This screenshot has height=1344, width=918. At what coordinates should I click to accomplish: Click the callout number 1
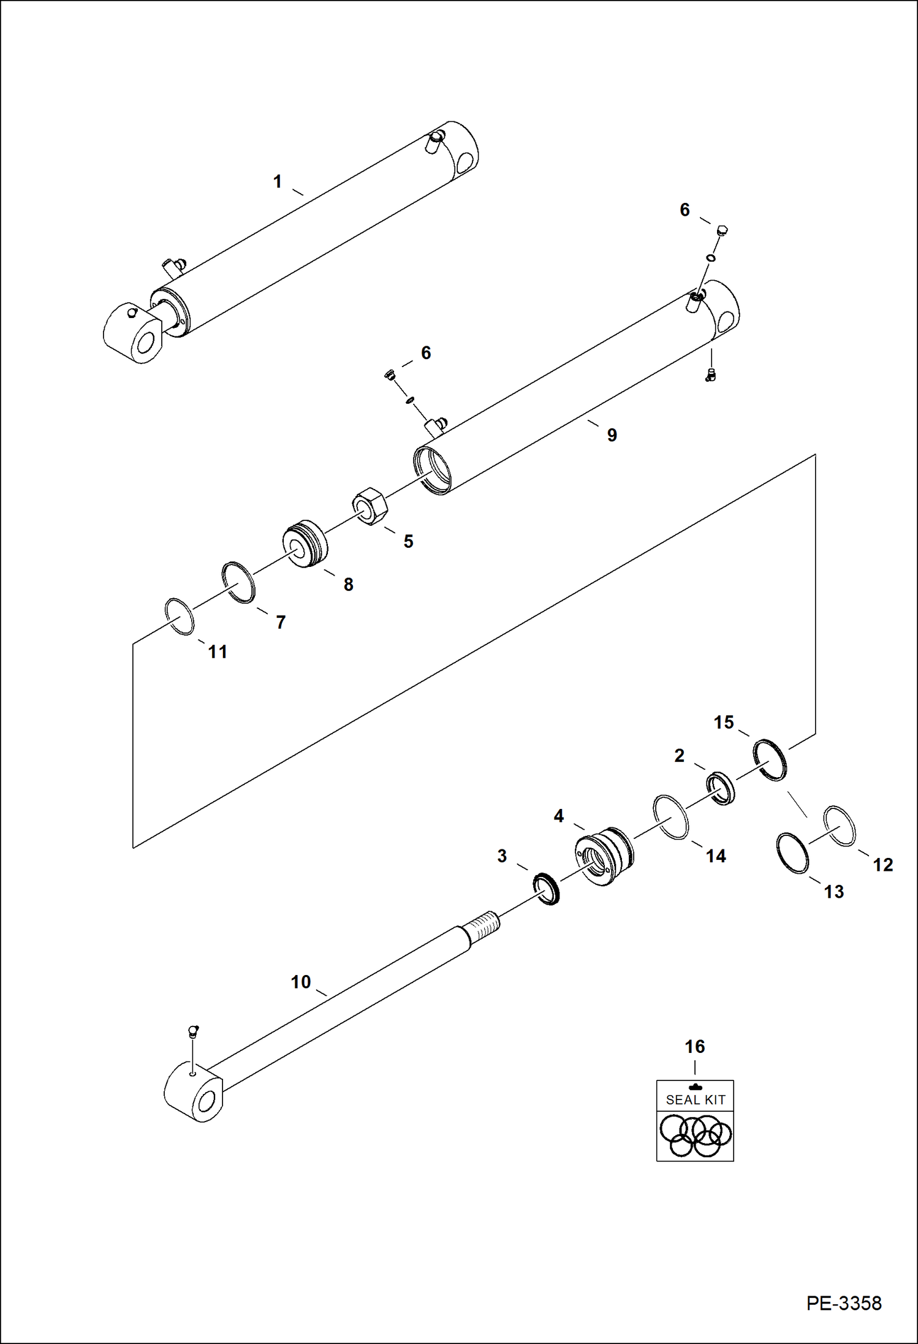click(x=277, y=182)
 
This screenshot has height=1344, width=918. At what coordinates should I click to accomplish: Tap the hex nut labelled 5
click(x=371, y=506)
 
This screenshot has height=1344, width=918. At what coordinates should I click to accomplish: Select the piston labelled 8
click(x=305, y=544)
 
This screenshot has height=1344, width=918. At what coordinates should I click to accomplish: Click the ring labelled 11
click(x=180, y=617)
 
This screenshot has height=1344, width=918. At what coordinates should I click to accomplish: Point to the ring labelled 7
click(x=238, y=582)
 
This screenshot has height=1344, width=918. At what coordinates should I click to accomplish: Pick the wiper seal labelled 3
click(x=547, y=890)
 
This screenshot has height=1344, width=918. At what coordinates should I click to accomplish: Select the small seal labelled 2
click(x=721, y=789)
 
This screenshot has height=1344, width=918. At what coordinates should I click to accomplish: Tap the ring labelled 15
click(x=770, y=760)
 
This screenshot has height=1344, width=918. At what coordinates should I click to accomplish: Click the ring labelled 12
click(x=840, y=826)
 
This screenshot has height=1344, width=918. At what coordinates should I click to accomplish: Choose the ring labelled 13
click(x=792, y=853)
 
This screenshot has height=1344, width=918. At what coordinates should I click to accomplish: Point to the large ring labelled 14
click(x=671, y=818)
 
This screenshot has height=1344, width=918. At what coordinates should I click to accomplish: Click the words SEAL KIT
click(x=696, y=1100)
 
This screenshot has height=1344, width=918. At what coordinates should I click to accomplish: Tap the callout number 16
click(x=694, y=1047)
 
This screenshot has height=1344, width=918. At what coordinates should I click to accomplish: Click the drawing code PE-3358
click(x=844, y=1303)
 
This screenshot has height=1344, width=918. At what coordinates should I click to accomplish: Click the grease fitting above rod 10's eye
click(x=193, y=1031)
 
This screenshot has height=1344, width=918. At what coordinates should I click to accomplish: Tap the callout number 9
click(x=612, y=435)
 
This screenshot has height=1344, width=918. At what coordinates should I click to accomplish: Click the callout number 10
click(x=300, y=982)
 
